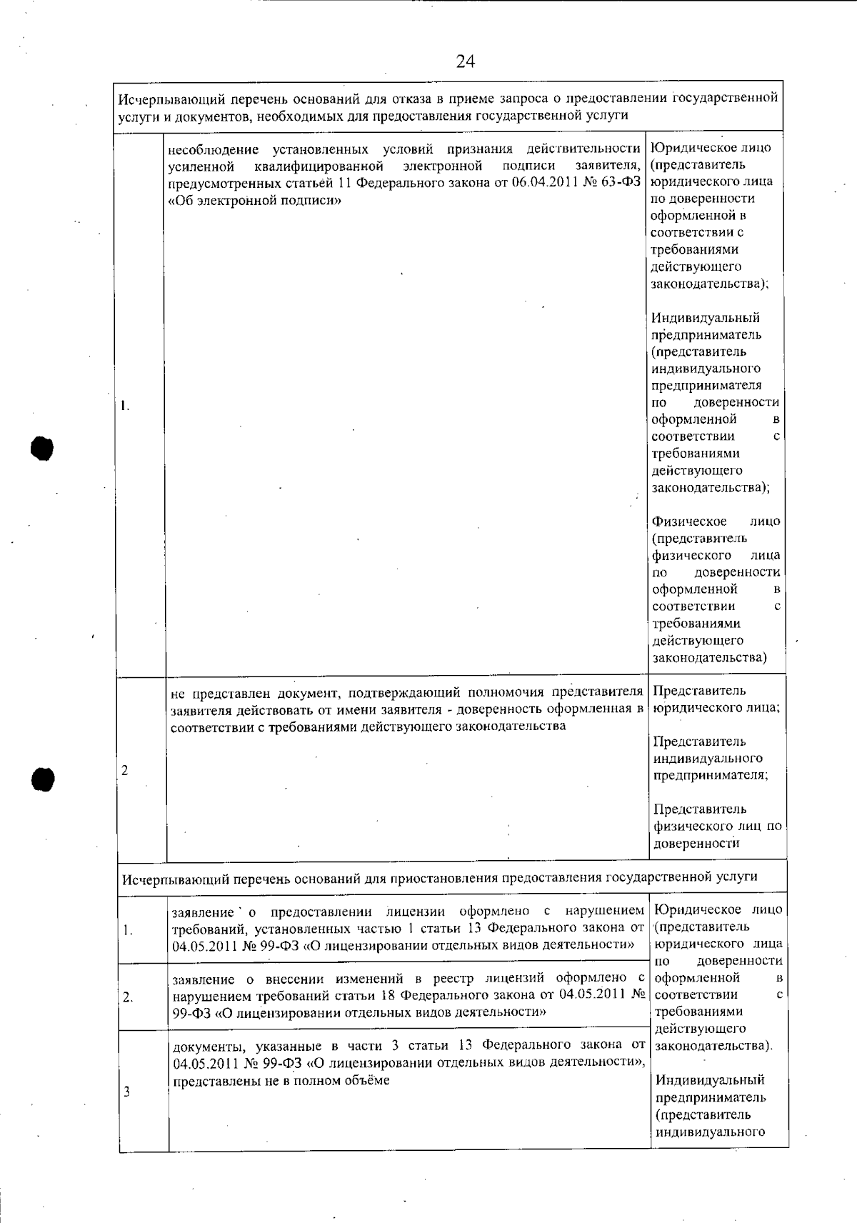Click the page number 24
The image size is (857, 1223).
(x=465, y=62)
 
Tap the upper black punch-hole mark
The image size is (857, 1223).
(x=42, y=446)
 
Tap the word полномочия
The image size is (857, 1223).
(x=500, y=692)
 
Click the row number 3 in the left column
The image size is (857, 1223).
(x=126, y=1092)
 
